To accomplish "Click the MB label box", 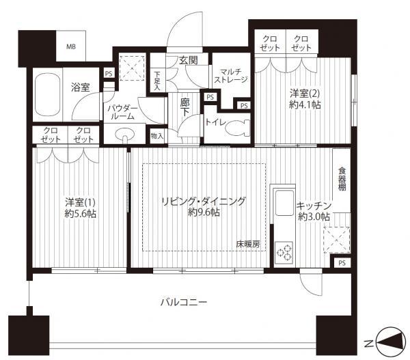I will coord(70,47).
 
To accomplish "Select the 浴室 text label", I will coord(81,87).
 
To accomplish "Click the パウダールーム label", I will coord(124,113).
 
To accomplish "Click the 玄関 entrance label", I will coord(188,60).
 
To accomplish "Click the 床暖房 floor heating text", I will coord(248,243).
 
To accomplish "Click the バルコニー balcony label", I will coord(184,302).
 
